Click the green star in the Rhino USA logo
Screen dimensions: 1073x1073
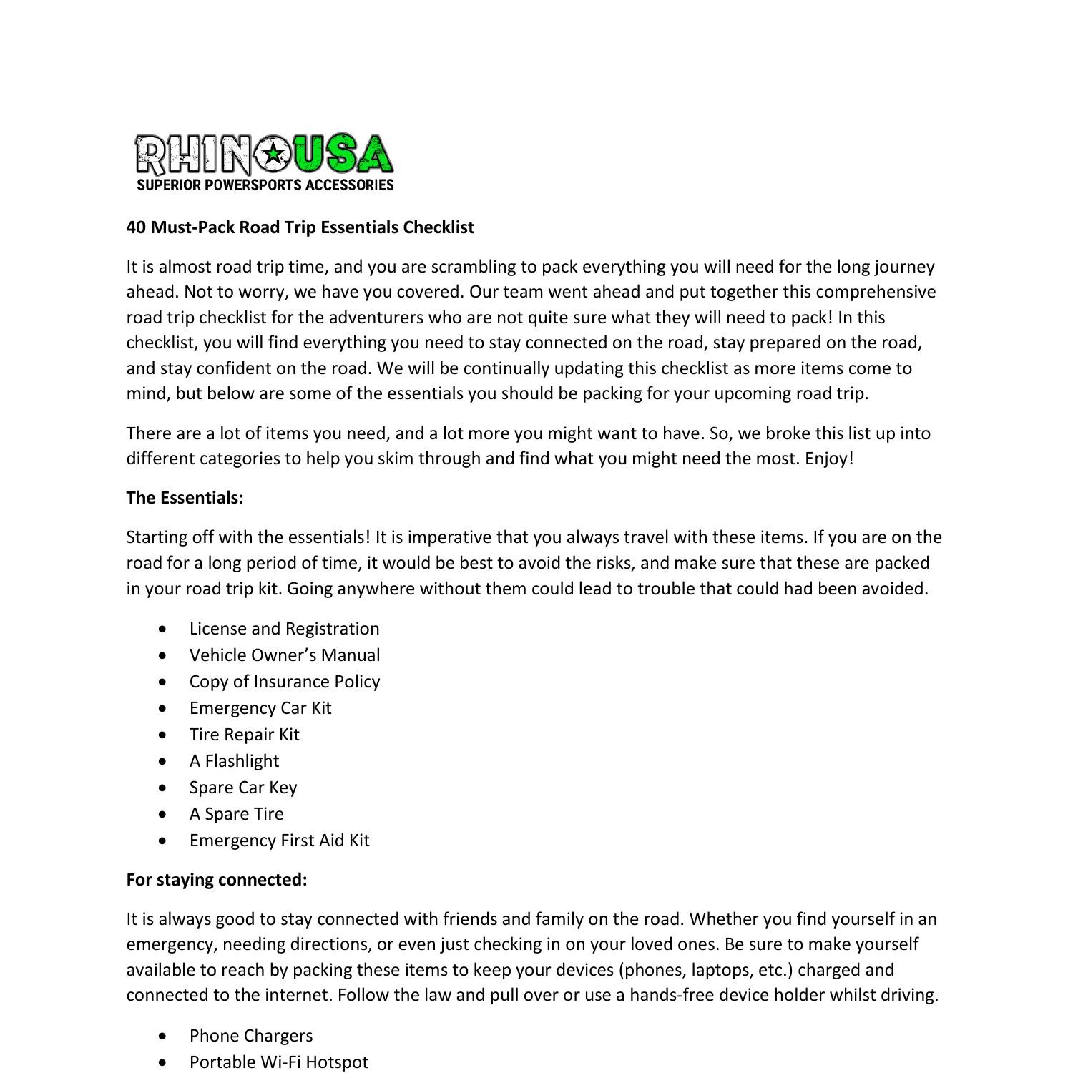point(273,153)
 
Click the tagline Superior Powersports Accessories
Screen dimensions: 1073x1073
point(265,185)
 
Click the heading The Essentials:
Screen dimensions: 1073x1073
point(185,498)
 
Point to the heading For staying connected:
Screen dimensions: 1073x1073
point(217,880)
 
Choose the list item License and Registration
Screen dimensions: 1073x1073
point(284,629)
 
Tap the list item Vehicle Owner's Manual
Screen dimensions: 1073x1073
point(285,655)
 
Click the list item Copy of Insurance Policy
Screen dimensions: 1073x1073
point(284,682)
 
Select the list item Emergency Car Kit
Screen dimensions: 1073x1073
point(260,708)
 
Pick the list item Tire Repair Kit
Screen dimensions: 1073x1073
point(244,735)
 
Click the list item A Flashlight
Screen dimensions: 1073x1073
point(234,761)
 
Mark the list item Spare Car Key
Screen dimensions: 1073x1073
point(242,788)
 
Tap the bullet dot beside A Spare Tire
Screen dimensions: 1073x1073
point(165,814)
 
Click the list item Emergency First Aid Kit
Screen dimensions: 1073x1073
point(279,841)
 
